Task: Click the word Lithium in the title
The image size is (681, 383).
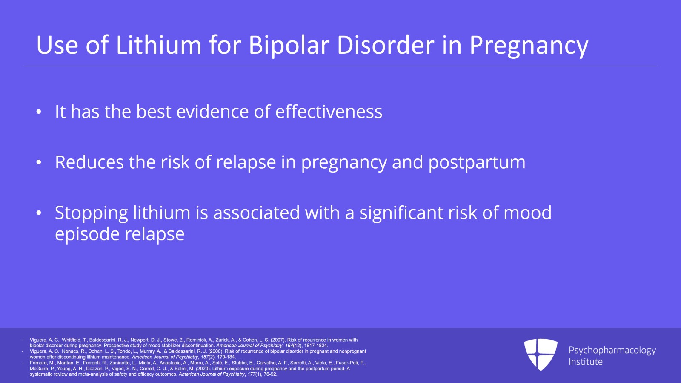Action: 158,45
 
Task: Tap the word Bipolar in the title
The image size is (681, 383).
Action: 289,46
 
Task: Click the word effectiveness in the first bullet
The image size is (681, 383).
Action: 329,111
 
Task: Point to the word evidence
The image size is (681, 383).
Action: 212,111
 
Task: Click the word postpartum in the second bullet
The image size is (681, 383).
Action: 477,162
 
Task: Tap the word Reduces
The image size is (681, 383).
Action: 89,162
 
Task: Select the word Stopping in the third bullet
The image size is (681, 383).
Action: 91,213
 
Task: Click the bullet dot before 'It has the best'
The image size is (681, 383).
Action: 39,112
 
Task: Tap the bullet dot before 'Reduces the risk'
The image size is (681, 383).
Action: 39,162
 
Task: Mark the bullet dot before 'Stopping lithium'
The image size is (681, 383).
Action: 39,213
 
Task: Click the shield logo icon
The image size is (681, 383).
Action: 541,354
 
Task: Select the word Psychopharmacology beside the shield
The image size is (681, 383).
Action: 612,351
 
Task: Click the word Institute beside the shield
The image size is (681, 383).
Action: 586,362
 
